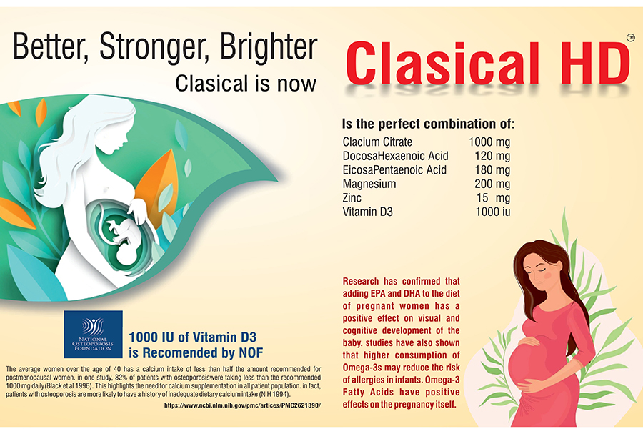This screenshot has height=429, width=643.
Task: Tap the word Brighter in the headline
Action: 269,46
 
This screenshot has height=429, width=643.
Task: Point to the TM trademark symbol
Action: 631,38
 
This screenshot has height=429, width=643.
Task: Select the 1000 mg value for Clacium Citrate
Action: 489,142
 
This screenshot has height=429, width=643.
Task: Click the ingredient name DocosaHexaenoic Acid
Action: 395,156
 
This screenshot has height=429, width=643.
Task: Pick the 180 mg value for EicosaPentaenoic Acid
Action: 492,170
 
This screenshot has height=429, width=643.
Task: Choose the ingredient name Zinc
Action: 352,198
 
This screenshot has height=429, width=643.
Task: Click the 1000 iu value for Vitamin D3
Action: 492,212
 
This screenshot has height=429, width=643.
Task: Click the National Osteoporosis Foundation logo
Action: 93,334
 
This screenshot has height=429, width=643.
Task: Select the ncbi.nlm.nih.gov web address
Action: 242,405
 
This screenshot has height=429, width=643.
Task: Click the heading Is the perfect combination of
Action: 428,124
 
